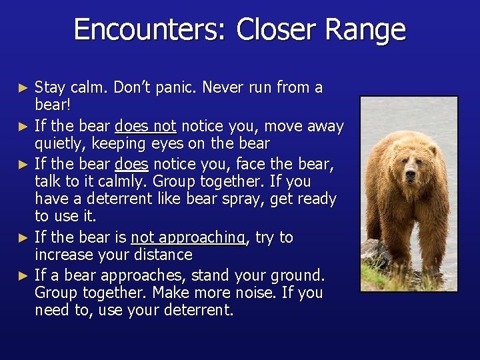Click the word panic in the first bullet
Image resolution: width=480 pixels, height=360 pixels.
tap(177, 87)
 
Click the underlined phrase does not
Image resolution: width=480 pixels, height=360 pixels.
tap(145, 126)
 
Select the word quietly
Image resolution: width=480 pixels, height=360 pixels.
tap(59, 143)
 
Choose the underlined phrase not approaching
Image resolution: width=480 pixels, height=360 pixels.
tap(188, 237)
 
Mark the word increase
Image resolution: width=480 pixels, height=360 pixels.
tap(63, 255)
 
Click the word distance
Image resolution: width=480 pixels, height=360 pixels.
tap(165, 255)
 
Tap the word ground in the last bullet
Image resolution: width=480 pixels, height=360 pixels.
tap(297, 275)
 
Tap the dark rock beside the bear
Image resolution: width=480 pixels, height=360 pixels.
tap(377, 254)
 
